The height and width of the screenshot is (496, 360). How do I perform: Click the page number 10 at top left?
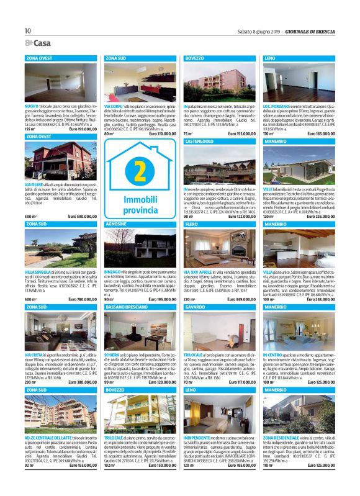coord(28,31)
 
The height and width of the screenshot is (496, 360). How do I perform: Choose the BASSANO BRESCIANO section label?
coord(127,307)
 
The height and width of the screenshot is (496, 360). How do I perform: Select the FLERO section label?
coord(192,223)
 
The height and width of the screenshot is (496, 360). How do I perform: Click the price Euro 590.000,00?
coord(81,216)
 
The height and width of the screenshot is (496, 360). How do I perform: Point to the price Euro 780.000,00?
coord(81,300)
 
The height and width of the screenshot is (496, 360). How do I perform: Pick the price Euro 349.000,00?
coord(241,300)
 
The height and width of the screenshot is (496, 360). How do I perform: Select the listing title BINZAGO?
coord(114,272)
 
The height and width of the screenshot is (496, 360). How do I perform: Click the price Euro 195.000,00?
coord(161,300)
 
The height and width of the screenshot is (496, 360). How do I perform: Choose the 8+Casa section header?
coord(38,43)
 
